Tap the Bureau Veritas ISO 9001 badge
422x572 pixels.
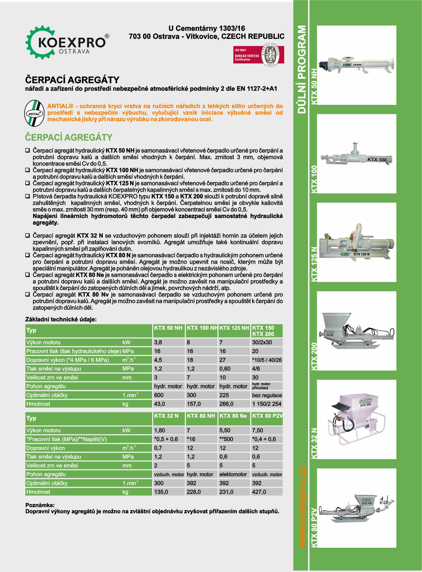coord(259,55)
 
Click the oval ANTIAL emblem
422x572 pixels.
coord(34,113)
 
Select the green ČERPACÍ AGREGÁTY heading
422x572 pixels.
coord(69,137)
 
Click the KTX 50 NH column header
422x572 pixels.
coord(168,328)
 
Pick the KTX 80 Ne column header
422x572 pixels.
coord(233,416)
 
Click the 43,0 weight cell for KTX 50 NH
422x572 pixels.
coord(160,404)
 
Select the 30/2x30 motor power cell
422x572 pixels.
coord(262,342)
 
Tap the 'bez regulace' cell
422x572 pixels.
coord(267,395)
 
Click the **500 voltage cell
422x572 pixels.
coord(227,439)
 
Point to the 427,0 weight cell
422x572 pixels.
coord(259,492)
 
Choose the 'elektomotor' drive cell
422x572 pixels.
coord(233,474)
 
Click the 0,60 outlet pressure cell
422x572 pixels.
coord(225,369)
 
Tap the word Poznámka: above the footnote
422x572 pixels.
coord(40,505)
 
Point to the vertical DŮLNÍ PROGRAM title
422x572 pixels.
coord(302,70)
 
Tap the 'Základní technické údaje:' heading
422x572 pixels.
coord(61,319)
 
